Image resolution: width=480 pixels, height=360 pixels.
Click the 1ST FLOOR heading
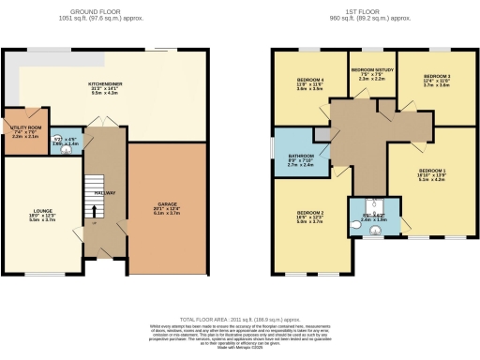(366, 11)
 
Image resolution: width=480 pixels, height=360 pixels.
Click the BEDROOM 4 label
(309, 79)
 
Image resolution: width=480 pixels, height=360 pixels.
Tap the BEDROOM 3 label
(437, 76)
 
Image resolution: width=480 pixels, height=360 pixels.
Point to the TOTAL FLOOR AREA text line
(239, 319)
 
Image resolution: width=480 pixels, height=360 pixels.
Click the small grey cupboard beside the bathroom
(322, 137)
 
